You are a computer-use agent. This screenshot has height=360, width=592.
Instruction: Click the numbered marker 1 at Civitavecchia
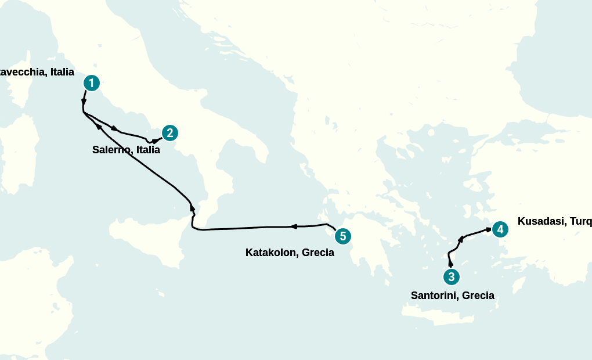pyautogui.click(x=92, y=83)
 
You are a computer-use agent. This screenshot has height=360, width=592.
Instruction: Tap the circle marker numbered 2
pyautogui.click(x=169, y=133)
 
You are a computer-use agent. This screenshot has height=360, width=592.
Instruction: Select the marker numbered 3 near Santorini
pyautogui.click(x=452, y=277)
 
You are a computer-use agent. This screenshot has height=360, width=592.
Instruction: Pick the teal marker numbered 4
pyautogui.click(x=500, y=229)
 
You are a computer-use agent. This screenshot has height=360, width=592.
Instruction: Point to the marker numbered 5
pyautogui.click(x=343, y=236)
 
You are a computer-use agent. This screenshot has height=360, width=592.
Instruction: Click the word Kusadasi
pyautogui.click(x=540, y=221)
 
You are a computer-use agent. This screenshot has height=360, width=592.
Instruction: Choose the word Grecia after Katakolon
pyautogui.click(x=318, y=253)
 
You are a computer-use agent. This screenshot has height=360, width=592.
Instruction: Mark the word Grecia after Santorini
pyautogui.click(x=478, y=296)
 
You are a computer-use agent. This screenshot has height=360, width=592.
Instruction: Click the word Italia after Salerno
pyautogui.click(x=148, y=150)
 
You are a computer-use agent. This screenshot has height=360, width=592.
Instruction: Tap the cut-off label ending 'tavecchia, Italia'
pyautogui.click(x=37, y=72)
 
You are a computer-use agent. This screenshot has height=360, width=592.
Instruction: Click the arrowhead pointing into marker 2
pyautogui.click(x=156, y=140)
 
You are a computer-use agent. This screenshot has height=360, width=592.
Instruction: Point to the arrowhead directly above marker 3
pyautogui.click(x=451, y=264)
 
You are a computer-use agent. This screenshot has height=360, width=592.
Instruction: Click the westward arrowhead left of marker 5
pyautogui.click(x=293, y=226)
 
